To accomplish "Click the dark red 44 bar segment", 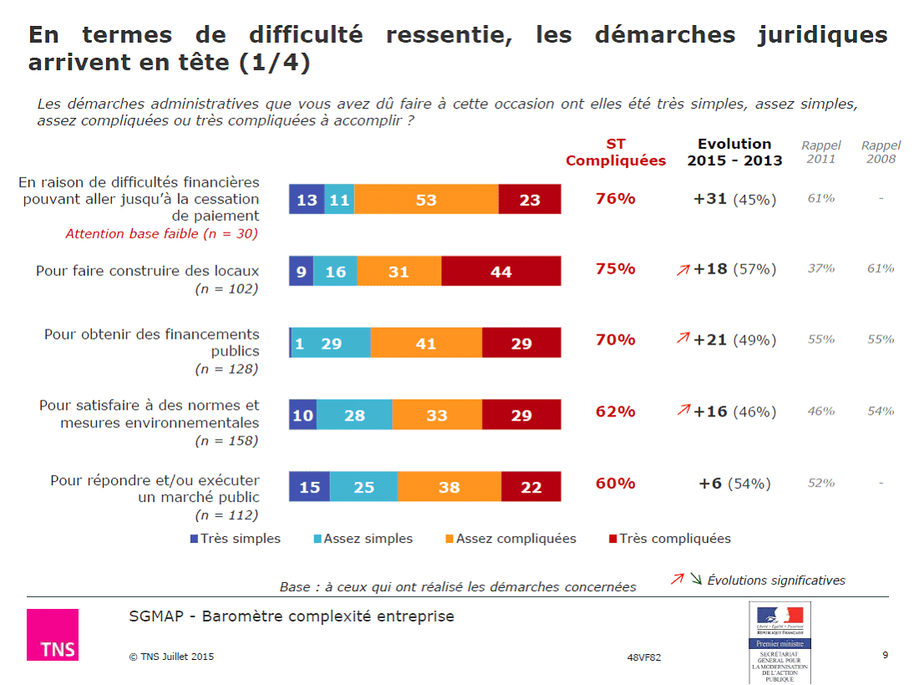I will pyautogui.click(x=501, y=272).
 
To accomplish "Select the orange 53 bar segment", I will pyautogui.click(x=426, y=200).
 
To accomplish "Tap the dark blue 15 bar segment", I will pyautogui.click(x=309, y=487).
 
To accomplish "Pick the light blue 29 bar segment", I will pyautogui.click(x=331, y=343).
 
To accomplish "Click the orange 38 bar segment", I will pyautogui.click(x=449, y=487).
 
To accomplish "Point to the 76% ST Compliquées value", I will pyautogui.click(x=616, y=199).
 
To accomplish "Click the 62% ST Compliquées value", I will pyautogui.click(x=616, y=412).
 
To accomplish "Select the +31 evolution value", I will pyautogui.click(x=710, y=199).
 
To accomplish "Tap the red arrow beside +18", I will pyautogui.click(x=683, y=269).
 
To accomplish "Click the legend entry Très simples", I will pyautogui.click(x=236, y=539).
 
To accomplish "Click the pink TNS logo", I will pyautogui.click(x=53, y=635).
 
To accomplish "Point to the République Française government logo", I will pyautogui.click(x=779, y=642).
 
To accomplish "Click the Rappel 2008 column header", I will pyautogui.click(x=881, y=152).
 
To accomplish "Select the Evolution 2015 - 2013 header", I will pyautogui.click(x=734, y=152).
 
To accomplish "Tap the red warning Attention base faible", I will pyautogui.click(x=162, y=234).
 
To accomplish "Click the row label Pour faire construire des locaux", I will pyautogui.click(x=147, y=271).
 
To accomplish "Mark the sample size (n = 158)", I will pyautogui.click(x=226, y=441).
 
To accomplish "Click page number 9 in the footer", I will pyautogui.click(x=885, y=654).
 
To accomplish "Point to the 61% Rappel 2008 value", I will pyautogui.click(x=881, y=268).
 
